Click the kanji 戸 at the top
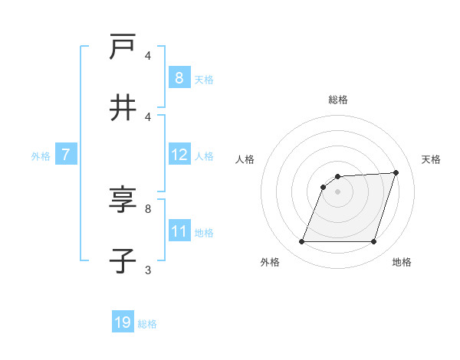123,47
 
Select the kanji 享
123,200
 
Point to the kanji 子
123,261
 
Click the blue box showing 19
123,322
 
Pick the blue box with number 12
179,155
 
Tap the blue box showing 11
179,232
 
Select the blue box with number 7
66,155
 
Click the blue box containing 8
179,78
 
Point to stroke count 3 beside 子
148,270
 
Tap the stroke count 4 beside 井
148,116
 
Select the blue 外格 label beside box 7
41,155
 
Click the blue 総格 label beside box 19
147,324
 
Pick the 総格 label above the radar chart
337,100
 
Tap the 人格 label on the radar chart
245,159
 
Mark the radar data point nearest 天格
396,172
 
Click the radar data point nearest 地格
374,242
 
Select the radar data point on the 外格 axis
301,242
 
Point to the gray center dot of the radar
337,191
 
